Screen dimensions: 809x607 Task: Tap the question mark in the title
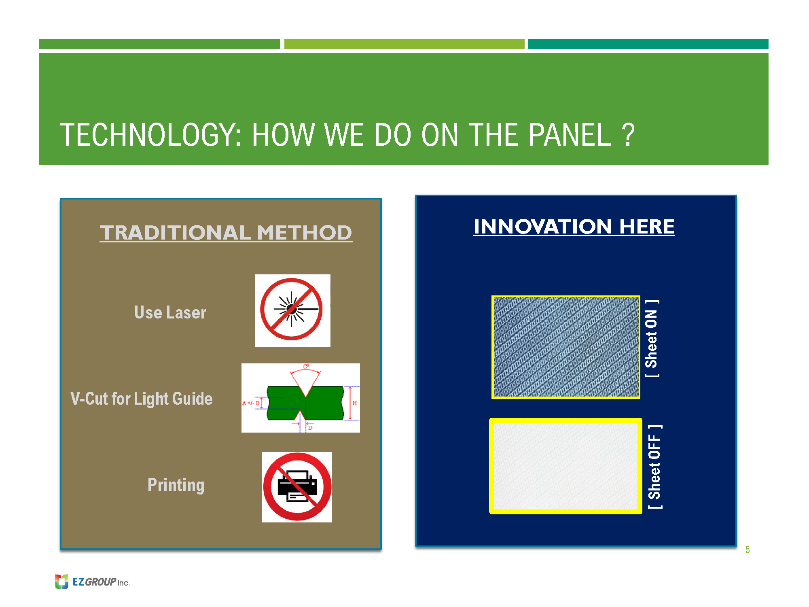(628, 135)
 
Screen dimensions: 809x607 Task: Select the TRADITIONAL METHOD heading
(226, 233)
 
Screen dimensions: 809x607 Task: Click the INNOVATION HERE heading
(574, 227)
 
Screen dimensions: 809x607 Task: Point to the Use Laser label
(170, 312)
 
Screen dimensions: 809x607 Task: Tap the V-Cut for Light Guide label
(142, 399)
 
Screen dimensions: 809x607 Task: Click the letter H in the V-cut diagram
(355, 403)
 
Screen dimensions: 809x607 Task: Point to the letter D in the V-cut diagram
(310, 428)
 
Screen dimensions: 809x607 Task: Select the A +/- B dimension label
(251, 403)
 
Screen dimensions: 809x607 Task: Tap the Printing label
(176, 485)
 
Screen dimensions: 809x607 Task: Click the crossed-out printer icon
(297, 487)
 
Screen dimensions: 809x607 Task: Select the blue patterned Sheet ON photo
(566, 347)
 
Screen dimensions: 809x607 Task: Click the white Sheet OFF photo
(565, 466)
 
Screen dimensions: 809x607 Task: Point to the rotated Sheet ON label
(652, 339)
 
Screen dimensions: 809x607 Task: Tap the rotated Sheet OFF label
(654, 467)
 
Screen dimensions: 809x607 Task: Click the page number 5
(748, 550)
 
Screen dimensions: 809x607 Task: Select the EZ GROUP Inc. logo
(92, 582)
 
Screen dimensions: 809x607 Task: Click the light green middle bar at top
(404, 44)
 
